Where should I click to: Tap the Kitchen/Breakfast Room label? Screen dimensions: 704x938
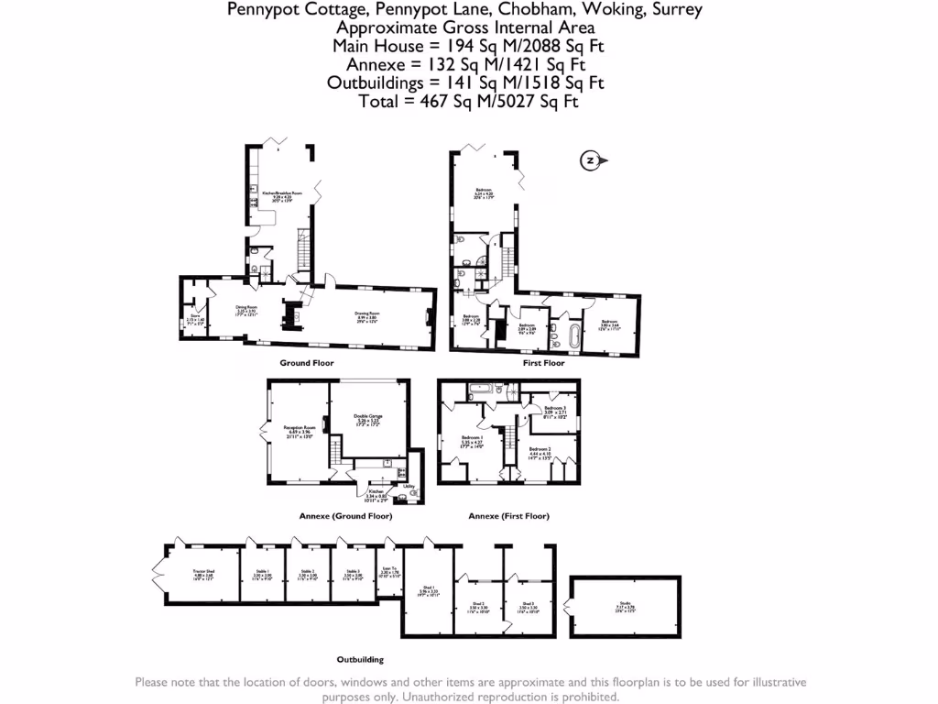click(281, 195)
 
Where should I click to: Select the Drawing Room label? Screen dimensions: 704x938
click(367, 316)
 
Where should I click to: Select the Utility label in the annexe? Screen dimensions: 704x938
click(409, 486)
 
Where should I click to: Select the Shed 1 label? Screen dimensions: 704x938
click(428, 591)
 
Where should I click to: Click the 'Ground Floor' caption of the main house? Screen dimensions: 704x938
click(306, 363)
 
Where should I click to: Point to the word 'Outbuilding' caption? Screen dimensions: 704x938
click(359, 659)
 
